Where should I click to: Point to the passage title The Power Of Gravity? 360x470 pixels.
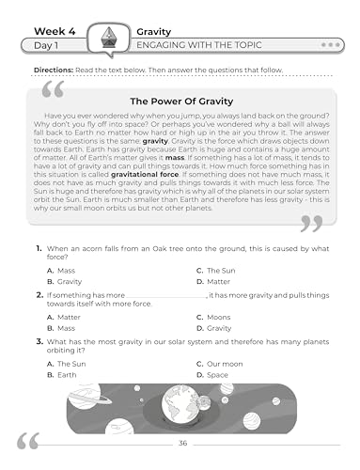pyautogui.click(x=180, y=100)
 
